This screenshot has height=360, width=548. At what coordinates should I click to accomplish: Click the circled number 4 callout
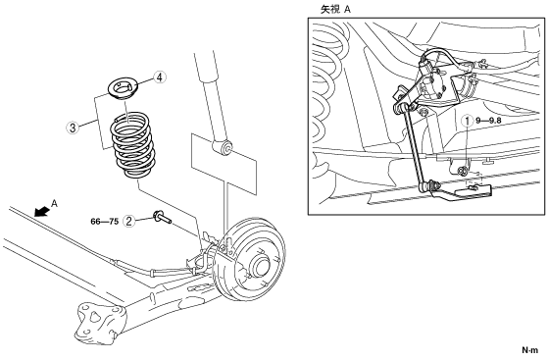tap(160, 77)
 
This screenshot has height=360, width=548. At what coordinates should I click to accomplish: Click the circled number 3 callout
tap(73, 128)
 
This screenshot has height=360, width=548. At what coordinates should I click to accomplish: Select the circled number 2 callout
tap(129, 221)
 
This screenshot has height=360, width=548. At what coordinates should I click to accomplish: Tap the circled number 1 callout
tap(468, 121)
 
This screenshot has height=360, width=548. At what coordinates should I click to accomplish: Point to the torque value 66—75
tap(105, 222)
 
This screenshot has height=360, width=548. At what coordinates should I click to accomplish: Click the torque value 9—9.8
tap(488, 121)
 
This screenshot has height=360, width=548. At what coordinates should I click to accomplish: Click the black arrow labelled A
tap(42, 211)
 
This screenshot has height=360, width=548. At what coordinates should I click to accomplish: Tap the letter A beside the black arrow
tap(54, 203)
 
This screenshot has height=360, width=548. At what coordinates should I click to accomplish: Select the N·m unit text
tap(530, 349)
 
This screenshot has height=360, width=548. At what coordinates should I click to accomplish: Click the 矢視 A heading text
tap(335, 10)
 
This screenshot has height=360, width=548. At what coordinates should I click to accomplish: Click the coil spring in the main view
tap(132, 145)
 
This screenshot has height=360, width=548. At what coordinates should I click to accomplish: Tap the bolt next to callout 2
tap(162, 217)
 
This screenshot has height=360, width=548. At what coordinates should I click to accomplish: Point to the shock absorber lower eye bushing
tap(224, 147)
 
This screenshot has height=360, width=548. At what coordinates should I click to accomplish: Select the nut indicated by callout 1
tap(462, 171)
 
